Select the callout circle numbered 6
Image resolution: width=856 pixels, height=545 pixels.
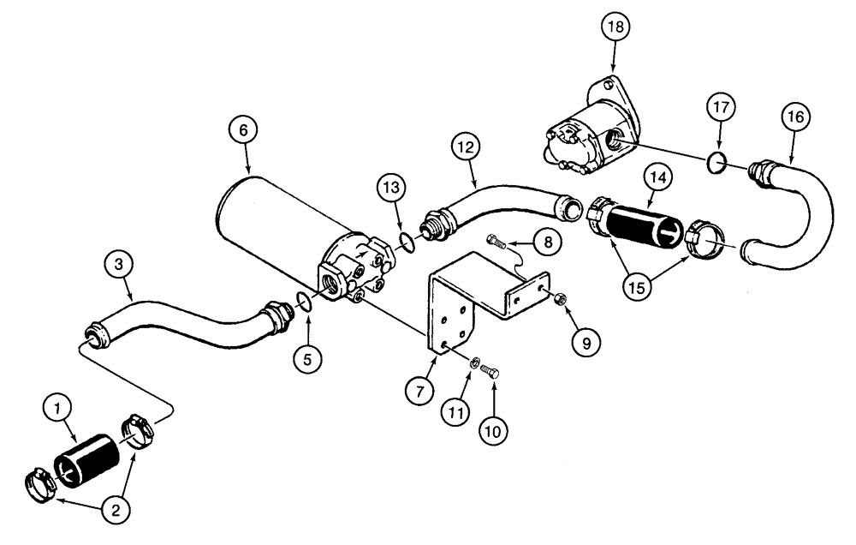pyautogui.click(x=243, y=132)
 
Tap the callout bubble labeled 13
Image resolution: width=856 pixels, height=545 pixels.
pyautogui.click(x=390, y=188)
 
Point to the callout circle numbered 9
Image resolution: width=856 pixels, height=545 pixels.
pyautogui.click(x=586, y=340)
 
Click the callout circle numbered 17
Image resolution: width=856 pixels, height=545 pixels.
pyautogui.click(x=721, y=109)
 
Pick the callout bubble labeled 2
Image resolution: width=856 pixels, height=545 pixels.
pyautogui.click(x=117, y=508)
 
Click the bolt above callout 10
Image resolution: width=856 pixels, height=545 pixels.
pyautogui.click(x=490, y=371)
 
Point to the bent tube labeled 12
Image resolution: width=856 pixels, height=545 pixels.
pyautogui.click(x=496, y=205)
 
